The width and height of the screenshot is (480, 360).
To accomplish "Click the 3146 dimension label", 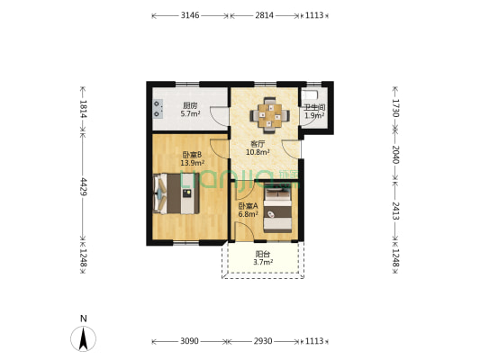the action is point(190,15).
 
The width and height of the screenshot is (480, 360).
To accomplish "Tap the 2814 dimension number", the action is point(264,15).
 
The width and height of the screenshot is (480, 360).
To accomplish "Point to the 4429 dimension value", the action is point(84,186).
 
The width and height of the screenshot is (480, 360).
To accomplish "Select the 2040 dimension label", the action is point(395,155).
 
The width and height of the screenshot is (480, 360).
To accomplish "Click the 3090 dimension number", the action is point(189,341).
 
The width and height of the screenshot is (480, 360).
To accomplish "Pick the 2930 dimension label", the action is point(263,341).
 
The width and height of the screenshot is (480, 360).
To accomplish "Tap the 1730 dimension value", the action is point(395,108).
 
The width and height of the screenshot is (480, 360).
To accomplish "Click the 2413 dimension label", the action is point(395,211).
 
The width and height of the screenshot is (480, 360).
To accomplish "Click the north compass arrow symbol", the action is point(83,339).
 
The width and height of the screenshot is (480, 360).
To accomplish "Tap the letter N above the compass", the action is point(83,319).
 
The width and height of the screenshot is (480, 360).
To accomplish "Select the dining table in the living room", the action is point(269,115).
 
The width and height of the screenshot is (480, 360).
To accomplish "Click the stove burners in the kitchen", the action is point(158,109).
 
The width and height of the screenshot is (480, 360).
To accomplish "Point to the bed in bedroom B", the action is point(176,193).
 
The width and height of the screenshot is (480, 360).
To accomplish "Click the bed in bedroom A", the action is point(277,210).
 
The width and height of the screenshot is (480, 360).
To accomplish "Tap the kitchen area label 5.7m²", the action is point(190,113).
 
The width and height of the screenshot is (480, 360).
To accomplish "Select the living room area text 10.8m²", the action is point(258,152).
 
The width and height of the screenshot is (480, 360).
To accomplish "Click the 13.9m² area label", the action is point(192,163).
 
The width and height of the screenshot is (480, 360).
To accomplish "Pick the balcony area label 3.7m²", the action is point(263,262).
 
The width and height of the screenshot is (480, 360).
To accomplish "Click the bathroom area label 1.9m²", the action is point(314,115).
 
